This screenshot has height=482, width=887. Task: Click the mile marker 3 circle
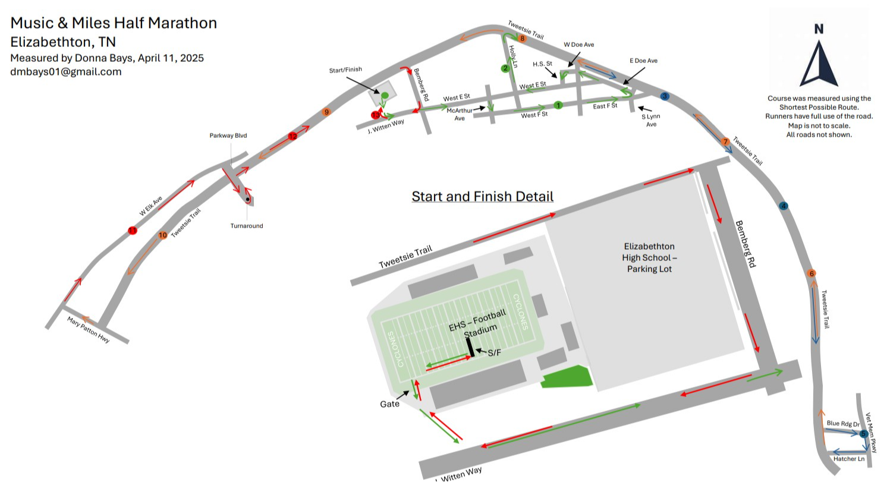(x=665, y=96)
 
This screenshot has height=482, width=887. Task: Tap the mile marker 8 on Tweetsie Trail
(x=523, y=39)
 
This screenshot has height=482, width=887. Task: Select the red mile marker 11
(x=132, y=231)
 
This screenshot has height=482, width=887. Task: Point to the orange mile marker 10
(x=163, y=235)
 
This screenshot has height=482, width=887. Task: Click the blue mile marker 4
(x=783, y=206)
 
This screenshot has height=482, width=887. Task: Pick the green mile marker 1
(x=558, y=105)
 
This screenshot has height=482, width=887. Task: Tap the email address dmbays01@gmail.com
(x=66, y=72)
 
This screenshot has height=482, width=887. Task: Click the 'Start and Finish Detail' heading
(x=482, y=196)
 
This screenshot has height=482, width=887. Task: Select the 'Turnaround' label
(x=247, y=226)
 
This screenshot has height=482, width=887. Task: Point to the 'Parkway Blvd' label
(x=228, y=136)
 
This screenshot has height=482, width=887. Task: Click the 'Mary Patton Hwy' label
(x=88, y=330)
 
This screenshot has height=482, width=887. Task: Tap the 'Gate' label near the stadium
(x=389, y=404)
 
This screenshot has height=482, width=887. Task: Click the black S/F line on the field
(x=470, y=348)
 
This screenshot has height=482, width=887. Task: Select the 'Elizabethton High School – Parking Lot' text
(x=649, y=257)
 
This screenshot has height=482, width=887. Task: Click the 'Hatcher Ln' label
(x=848, y=459)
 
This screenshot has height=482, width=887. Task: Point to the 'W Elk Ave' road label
(x=151, y=206)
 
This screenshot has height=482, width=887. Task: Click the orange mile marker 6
(x=811, y=273)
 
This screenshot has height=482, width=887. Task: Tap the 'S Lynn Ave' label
(x=651, y=120)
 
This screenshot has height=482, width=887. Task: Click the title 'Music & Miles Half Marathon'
(x=114, y=23)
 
